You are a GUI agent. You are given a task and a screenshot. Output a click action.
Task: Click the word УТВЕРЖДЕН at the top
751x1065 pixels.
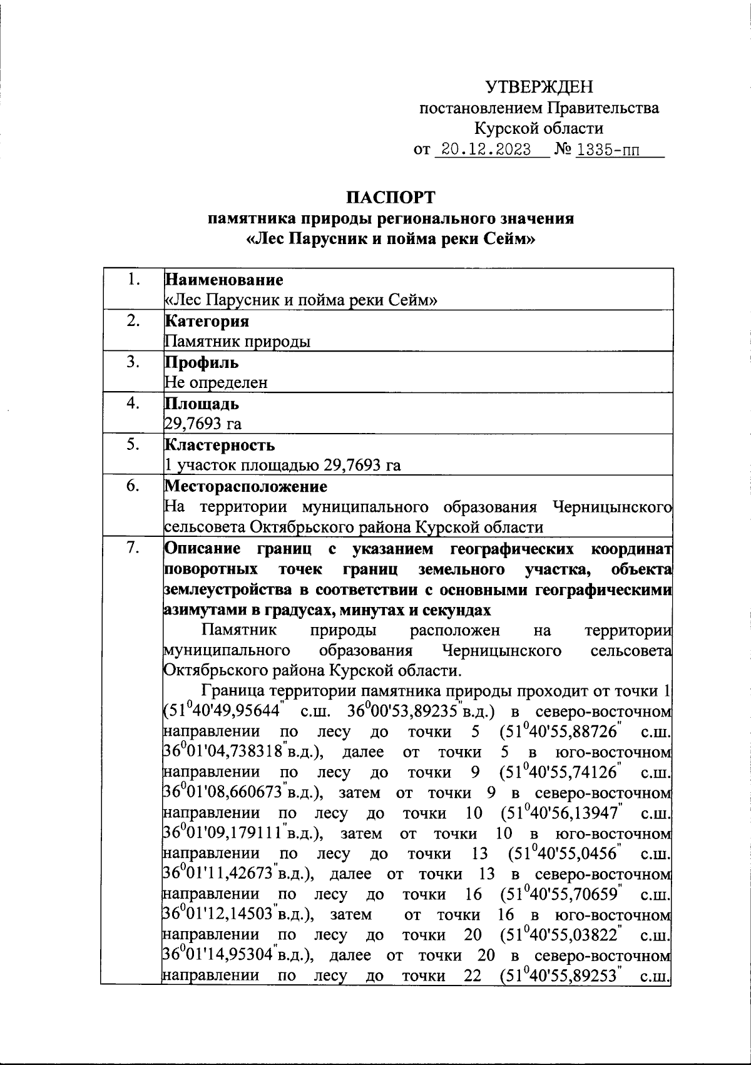click(x=539, y=87)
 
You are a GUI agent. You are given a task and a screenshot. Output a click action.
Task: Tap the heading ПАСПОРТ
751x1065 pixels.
click(x=391, y=198)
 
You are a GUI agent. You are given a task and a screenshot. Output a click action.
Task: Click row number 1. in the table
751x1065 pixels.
click(x=132, y=280)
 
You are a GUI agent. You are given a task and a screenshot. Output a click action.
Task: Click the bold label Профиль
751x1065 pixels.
click(x=201, y=362)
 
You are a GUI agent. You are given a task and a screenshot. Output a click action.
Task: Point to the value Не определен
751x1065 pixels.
click(x=216, y=382)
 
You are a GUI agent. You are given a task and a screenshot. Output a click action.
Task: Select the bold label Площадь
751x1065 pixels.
click(x=202, y=404)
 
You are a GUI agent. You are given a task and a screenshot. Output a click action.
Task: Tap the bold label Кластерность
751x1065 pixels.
click(x=219, y=445)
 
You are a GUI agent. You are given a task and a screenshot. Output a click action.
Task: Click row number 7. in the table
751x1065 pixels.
click(x=132, y=548)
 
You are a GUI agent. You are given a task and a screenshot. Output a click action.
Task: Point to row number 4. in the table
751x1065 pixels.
click(x=132, y=404)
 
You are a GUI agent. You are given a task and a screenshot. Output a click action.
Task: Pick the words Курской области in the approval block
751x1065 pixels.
click(x=539, y=129)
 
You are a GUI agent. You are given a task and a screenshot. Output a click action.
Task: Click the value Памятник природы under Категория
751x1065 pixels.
click(x=237, y=341)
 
